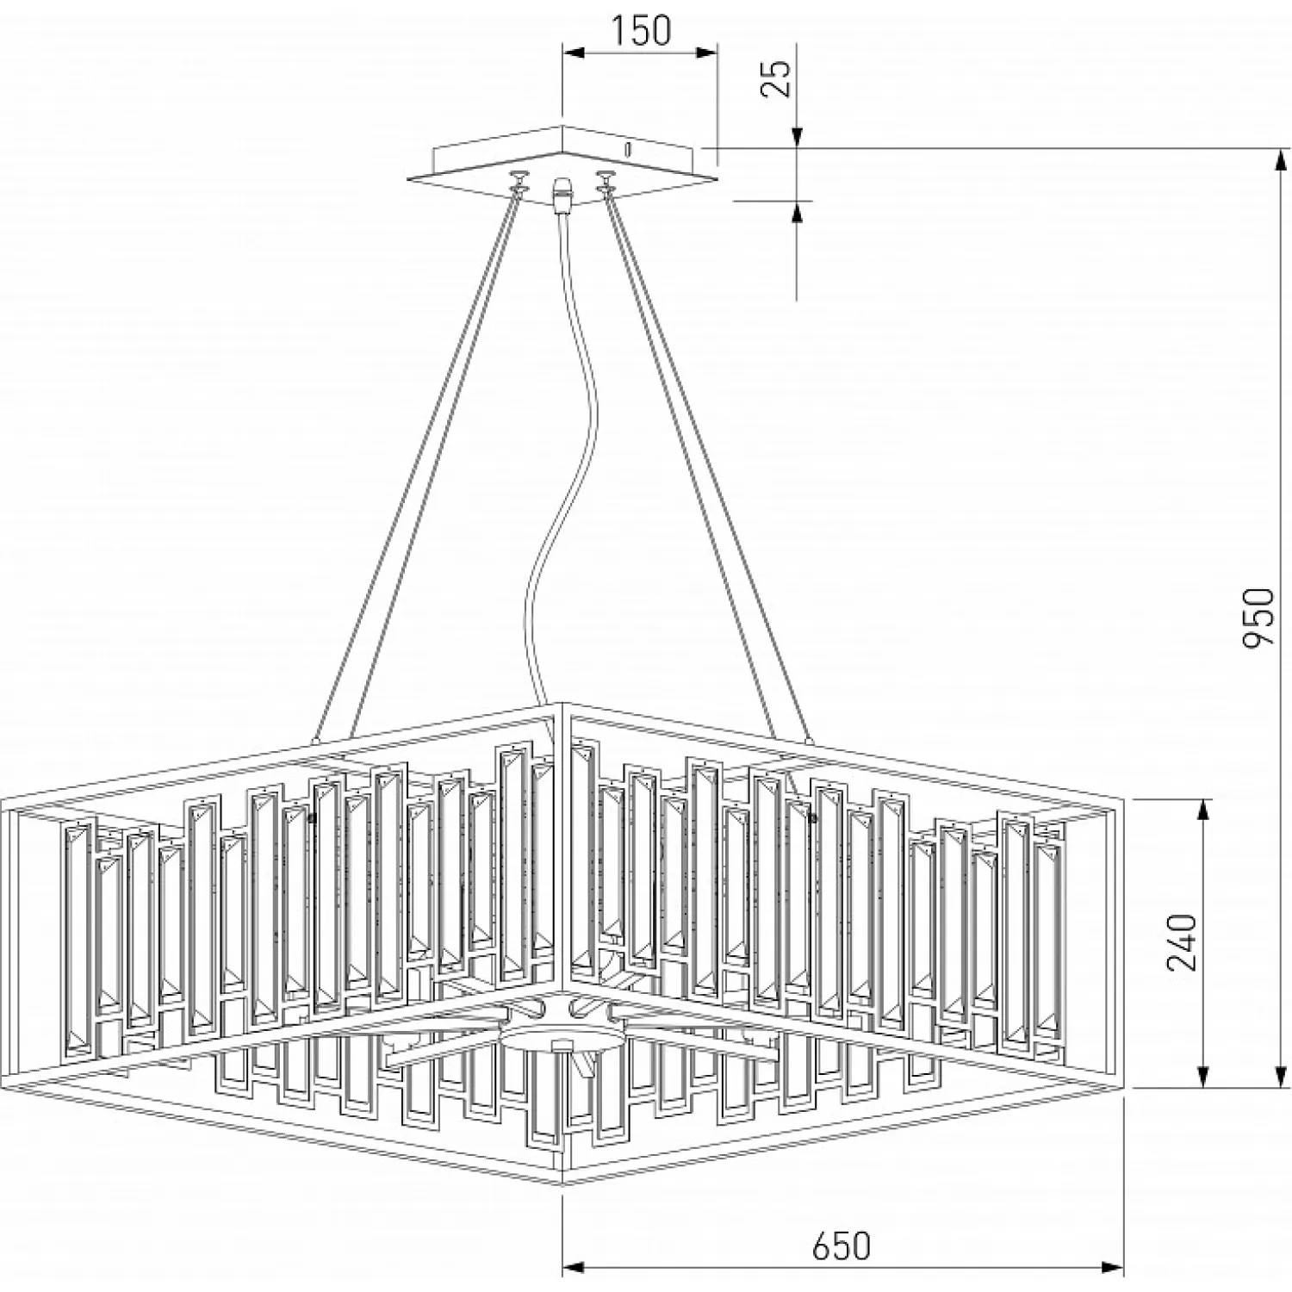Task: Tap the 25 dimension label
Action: point(778,79)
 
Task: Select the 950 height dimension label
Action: point(1257,617)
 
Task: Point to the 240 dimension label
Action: point(1182,941)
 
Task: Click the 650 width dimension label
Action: point(841,1245)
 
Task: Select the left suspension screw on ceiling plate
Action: point(519,182)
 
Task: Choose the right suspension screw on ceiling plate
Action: point(606,180)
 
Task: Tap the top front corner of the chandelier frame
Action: point(562,705)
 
